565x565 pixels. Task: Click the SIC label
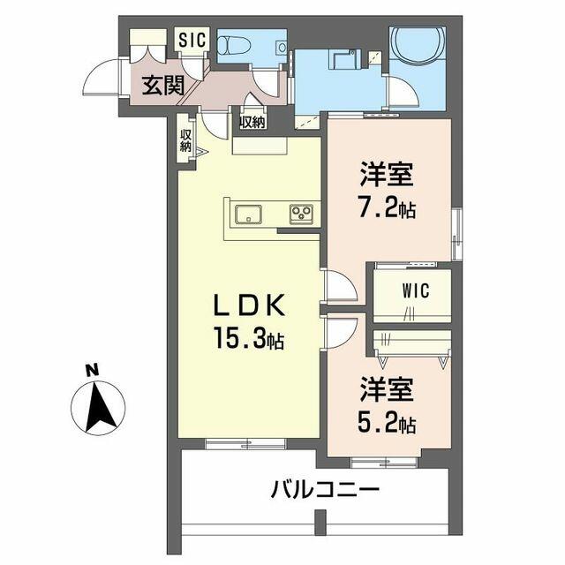click(x=192, y=40)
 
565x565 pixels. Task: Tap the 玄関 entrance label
click(x=163, y=86)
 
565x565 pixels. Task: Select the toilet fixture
click(x=230, y=46)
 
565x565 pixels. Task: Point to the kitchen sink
click(x=248, y=214)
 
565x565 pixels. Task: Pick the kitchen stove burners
click(x=302, y=214)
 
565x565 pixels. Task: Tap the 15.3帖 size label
click(x=249, y=338)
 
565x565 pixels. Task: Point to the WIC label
click(x=416, y=290)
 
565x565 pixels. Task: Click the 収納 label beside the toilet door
click(x=252, y=123)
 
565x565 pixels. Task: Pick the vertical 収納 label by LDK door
click(x=186, y=140)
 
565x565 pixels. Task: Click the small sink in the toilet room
click(x=282, y=47)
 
